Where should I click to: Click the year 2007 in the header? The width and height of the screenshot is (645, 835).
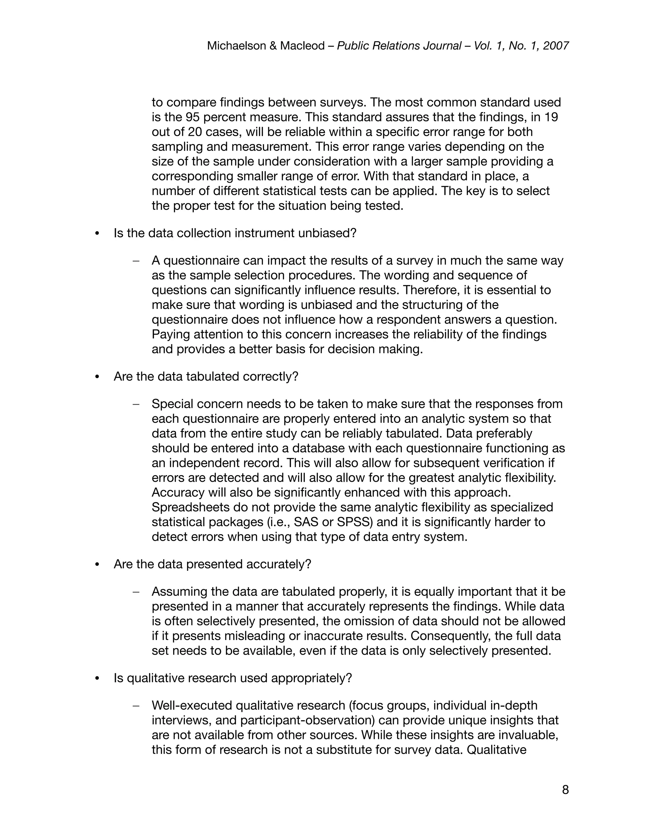click(x=556, y=46)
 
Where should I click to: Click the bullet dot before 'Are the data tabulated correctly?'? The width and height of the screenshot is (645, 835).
click(x=97, y=377)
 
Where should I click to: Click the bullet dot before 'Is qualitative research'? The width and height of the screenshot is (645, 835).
click(x=97, y=679)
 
